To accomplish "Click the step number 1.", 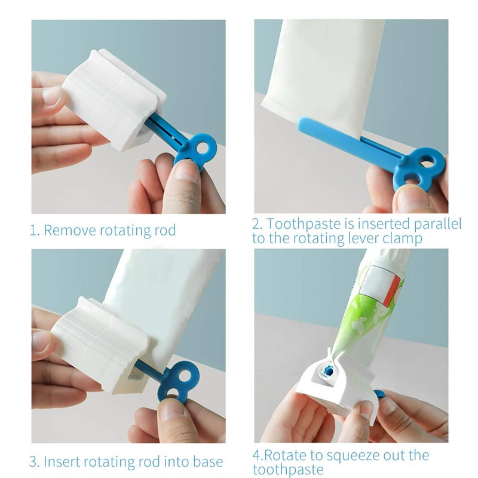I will tap(33, 230).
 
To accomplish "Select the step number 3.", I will tap(34, 462).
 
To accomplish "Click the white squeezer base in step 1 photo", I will tap(114, 108).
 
